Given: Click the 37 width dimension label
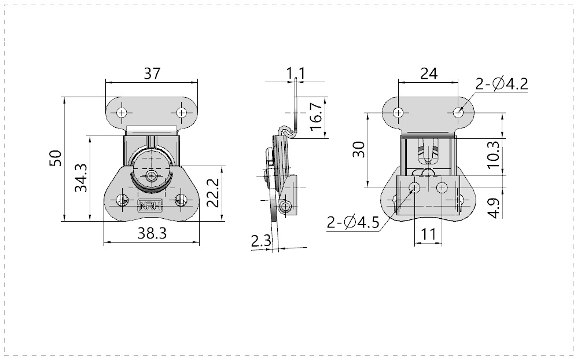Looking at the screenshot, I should [x=152, y=74].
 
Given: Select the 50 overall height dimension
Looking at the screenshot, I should [x=55, y=159].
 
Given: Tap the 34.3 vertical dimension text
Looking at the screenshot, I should [x=81, y=178].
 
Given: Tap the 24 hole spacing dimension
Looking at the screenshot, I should [x=428, y=74].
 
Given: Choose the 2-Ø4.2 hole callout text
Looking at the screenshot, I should [x=501, y=85].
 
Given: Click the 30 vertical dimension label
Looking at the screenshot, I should [x=359, y=150].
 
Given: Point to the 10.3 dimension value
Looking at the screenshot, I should [x=493, y=155].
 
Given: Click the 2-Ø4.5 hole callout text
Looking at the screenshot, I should [x=352, y=222].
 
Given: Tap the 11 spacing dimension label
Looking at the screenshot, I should [x=428, y=234].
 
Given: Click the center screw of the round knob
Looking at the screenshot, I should [x=152, y=175].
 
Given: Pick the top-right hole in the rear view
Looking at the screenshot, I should [x=458, y=112].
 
